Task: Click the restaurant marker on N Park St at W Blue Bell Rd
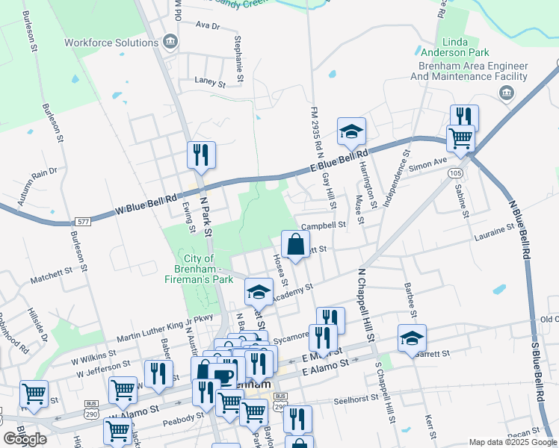(201, 155)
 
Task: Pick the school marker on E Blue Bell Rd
(351, 131)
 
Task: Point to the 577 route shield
(83, 222)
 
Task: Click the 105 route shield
(456, 172)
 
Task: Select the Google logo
(25, 439)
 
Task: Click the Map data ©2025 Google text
(513, 442)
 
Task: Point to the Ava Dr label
(206, 25)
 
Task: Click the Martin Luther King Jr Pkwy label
(154, 328)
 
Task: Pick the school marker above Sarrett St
(411, 337)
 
